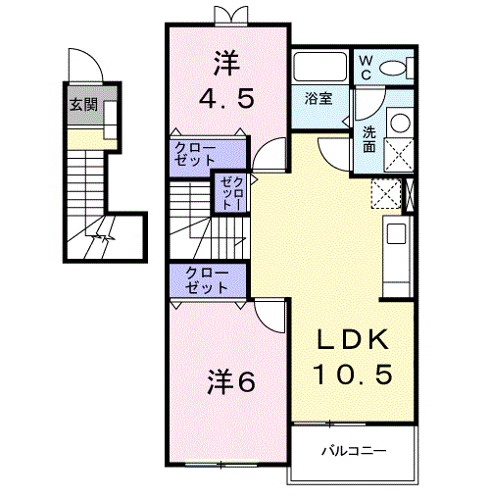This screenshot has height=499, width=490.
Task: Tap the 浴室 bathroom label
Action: [319, 99]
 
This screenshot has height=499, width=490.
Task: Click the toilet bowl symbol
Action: [395, 67]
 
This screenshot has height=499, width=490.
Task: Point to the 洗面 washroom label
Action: [368, 139]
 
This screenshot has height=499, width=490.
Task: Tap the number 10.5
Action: [353, 374]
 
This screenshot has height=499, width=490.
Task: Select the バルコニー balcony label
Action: [354, 451]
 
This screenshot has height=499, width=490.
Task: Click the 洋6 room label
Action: [231, 380]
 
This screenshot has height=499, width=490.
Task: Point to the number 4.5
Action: [227, 100]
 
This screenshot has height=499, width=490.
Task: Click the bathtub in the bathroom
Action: [320, 70]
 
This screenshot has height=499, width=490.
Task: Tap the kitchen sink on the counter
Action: [396, 235]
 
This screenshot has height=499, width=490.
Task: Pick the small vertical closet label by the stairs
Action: [228, 193]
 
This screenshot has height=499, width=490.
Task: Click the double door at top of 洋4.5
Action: [227, 15]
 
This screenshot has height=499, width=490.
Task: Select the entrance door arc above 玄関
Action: [89, 65]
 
